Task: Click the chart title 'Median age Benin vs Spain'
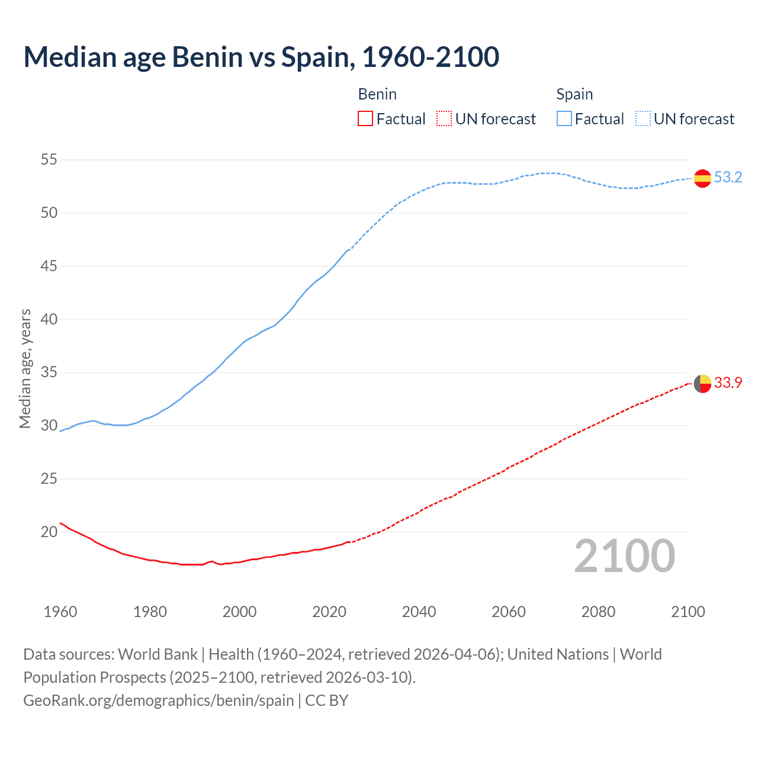[261, 57]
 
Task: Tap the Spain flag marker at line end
[702, 178]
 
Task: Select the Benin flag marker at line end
[702, 384]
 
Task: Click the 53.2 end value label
[728, 178]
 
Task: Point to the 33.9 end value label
[728, 383]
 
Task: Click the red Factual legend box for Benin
[365, 119]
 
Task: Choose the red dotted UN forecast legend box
[444, 119]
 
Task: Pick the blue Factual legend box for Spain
[564, 119]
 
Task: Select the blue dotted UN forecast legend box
[643, 119]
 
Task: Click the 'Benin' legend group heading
[377, 94]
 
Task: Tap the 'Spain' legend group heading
[574, 94]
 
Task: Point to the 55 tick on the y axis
[49, 160]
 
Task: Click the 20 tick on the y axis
[49, 532]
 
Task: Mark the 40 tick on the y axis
[49, 319]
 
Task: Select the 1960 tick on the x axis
[60, 612]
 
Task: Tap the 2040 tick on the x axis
[419, 612]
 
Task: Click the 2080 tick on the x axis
[598, 612]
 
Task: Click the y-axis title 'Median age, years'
[25, 368]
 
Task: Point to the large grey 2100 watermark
[624, 556]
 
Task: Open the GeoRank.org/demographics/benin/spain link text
[159, 701]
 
